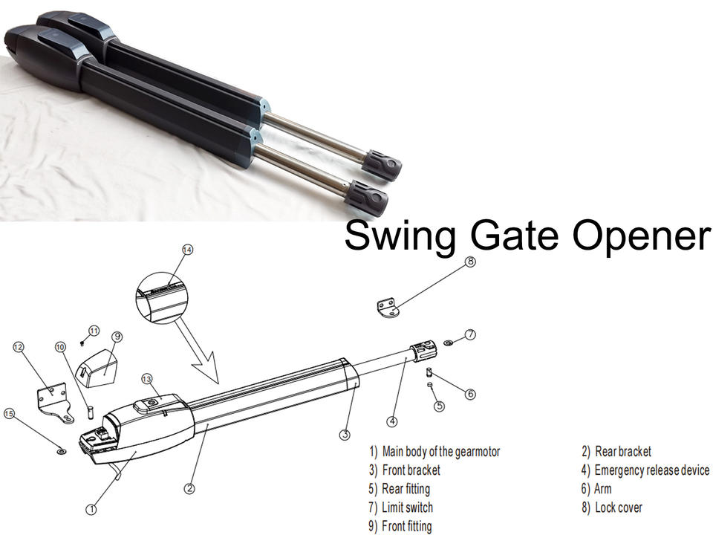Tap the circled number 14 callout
click(x=187, y=251)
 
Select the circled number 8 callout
click(x=469, y=262)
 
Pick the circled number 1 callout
click(x=91, y=510)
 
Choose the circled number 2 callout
click(x=190, y=488)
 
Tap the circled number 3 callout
click(x=345, y=434)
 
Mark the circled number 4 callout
click(x=392, y=421)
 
